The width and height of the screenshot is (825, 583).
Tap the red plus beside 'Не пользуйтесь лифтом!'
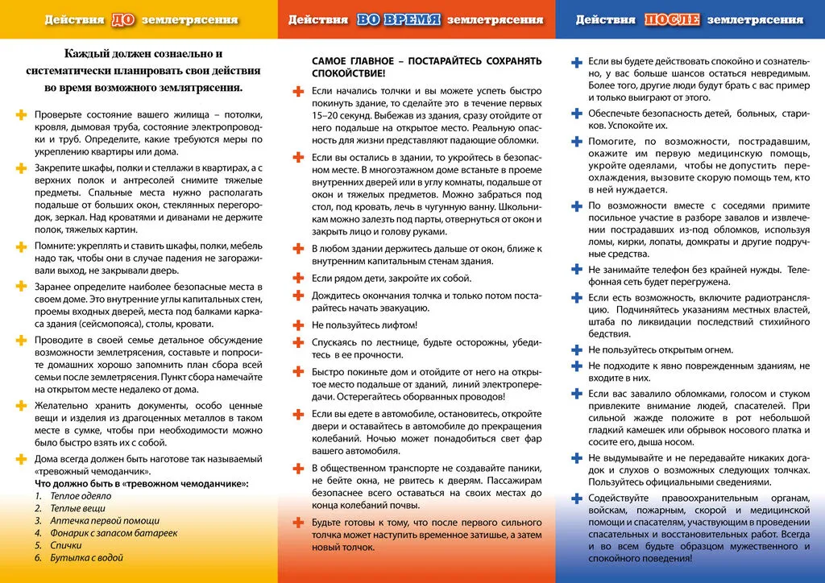pos(297,325)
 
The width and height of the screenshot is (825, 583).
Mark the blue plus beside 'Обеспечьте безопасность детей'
pos(575,113)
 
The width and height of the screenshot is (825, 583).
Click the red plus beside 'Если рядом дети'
pos(297,278)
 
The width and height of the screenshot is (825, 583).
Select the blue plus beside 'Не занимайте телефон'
pos(575,269)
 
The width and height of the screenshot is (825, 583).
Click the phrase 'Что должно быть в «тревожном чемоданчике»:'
pos(141,484)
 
